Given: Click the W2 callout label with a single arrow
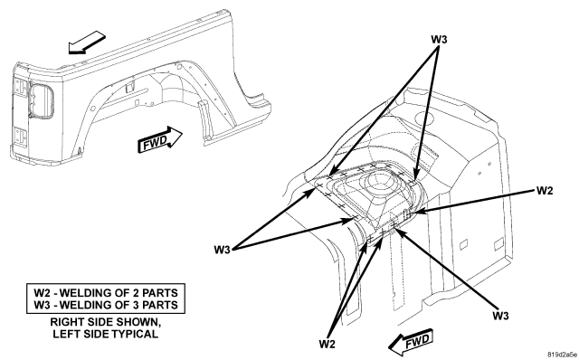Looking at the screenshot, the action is click(545, 191).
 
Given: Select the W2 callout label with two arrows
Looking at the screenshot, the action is click(327, 344).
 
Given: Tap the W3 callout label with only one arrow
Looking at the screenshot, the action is click(500, 316).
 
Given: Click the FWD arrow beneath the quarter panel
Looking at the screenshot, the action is click(159, 138).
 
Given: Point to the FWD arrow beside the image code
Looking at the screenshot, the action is click(411, 342).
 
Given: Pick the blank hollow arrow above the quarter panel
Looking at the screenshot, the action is click(87, 43).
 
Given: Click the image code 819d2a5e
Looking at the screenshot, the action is click(562, 354).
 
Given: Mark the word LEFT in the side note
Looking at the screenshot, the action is click(64, 334).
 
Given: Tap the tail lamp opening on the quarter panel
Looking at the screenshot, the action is click(41, 100).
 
